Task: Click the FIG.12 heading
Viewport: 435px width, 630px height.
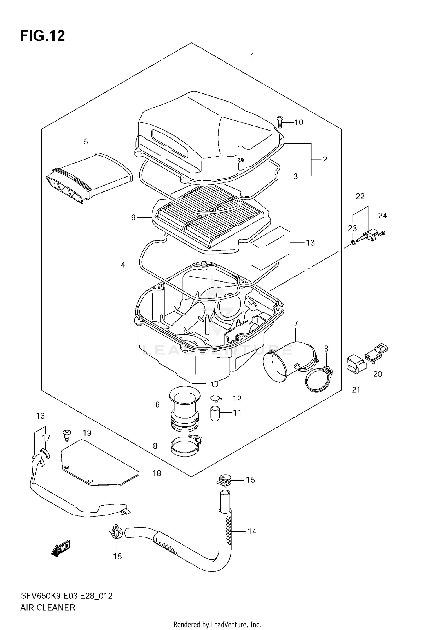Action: pos(42,36)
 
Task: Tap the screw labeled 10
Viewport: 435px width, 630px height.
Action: pos(280,122)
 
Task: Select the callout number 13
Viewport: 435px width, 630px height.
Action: pos(310,243)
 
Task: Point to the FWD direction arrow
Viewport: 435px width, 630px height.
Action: pos(61,548)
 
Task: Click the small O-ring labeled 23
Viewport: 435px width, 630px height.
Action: pos(353,242)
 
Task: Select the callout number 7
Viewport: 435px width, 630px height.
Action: pos(296,323)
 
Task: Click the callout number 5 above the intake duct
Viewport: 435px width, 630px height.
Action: pos(86,142)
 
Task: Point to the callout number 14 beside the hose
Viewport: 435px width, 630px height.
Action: pos(252,531)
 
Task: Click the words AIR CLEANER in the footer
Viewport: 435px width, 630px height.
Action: pos(48,607)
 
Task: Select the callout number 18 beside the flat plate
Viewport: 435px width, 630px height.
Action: pos(157,473)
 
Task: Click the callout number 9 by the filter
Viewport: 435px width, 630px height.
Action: pos(133,217)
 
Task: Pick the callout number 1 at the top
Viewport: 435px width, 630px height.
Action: pos(253,56)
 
